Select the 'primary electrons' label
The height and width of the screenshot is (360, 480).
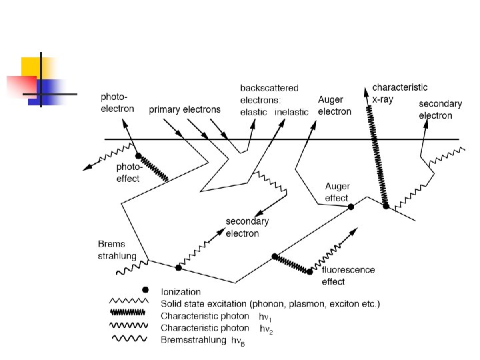185,109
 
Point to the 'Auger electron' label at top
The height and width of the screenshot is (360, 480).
335,105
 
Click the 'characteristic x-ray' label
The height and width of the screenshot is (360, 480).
400,92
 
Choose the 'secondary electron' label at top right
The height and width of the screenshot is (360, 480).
440,109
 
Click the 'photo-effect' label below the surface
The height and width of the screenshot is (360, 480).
128,173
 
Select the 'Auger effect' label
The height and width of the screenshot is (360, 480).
337,192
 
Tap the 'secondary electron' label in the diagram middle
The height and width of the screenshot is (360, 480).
247,227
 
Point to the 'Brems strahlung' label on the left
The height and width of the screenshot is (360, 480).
117,250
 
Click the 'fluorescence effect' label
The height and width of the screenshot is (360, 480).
348,275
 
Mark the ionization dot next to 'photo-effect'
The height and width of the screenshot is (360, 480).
139,155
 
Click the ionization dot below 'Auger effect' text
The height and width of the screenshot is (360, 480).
351,207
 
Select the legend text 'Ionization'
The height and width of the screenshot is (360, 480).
181,291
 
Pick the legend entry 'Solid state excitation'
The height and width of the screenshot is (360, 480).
271,304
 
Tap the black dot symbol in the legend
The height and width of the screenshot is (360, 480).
145,290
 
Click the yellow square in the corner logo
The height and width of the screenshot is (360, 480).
34,69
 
